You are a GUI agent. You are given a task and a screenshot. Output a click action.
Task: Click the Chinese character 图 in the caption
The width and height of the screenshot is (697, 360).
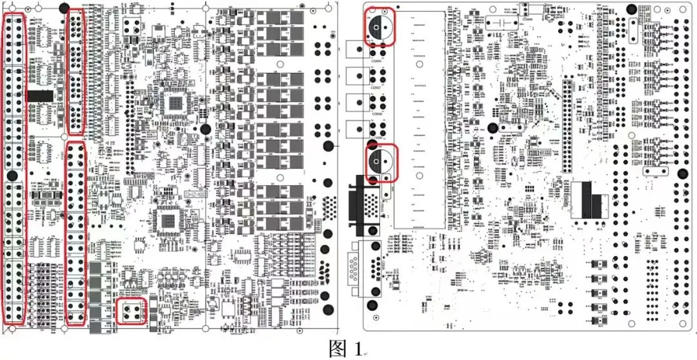338,348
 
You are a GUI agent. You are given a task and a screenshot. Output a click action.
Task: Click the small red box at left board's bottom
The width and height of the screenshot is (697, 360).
132,312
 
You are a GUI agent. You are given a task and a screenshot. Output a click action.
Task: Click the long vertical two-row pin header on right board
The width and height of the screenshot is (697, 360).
568,125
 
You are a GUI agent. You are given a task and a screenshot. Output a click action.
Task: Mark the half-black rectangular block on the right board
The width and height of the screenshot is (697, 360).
591,200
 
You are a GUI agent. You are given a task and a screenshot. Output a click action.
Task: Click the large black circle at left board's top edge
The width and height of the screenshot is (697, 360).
63,8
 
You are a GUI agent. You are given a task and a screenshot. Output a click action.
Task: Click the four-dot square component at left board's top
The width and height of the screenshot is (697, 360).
132,26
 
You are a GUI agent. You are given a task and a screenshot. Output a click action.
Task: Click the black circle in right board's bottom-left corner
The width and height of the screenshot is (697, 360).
372,306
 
